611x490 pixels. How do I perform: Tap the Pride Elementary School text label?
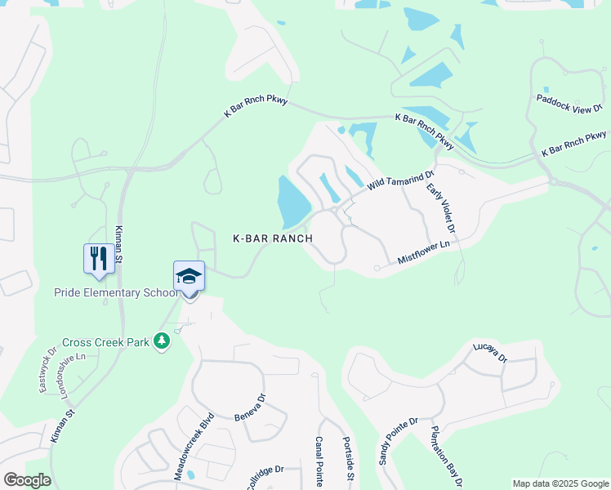click(x=115, y=292)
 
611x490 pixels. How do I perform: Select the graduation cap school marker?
click(x=189, y=277)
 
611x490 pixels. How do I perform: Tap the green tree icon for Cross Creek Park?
click(x=162, y=341)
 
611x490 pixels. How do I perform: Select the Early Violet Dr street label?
click(x=441, y=212)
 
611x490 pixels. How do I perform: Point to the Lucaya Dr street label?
click(x=490, y=352)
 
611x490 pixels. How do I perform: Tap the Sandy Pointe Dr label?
click(x=398, y=441)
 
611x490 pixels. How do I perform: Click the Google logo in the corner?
click(x=27, y=480)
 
